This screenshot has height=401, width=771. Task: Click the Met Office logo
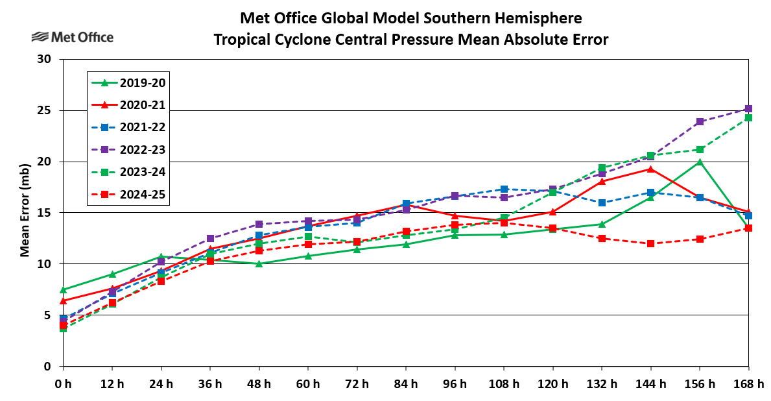pyautogui.click(x=72, y=37)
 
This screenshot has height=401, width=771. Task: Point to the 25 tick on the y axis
pyautogui.click(x=45, y=111)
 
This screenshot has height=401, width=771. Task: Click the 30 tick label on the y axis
pyautogui.click(x=45, y=60)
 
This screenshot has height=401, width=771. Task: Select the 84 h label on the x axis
pyautogui.click(x=406, y=383)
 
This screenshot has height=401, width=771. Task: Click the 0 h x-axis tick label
pyautogui.click(x=63, y=383)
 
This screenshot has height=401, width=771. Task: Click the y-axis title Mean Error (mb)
pyautogui.click(x=25, y=213)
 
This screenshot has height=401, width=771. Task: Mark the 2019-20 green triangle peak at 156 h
pyautogui.click(x=700, y=162)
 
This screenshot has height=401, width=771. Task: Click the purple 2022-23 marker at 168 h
pyautogui.click(x=748, y=109)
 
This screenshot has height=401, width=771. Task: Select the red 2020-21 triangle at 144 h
pyautogui.click(x=650, y=169)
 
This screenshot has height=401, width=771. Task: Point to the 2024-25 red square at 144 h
pyautogui.click(x=650, y=243)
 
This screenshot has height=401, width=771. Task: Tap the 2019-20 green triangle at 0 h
pyautogui.click(x=63, y=289)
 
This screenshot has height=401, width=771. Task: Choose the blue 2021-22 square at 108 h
pyautogui.click(x=504, y=189)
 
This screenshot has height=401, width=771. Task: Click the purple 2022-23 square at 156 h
pyautogui.click(x=700, y=122)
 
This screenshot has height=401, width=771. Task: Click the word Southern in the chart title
pyautogui.click(x=436, y=17)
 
